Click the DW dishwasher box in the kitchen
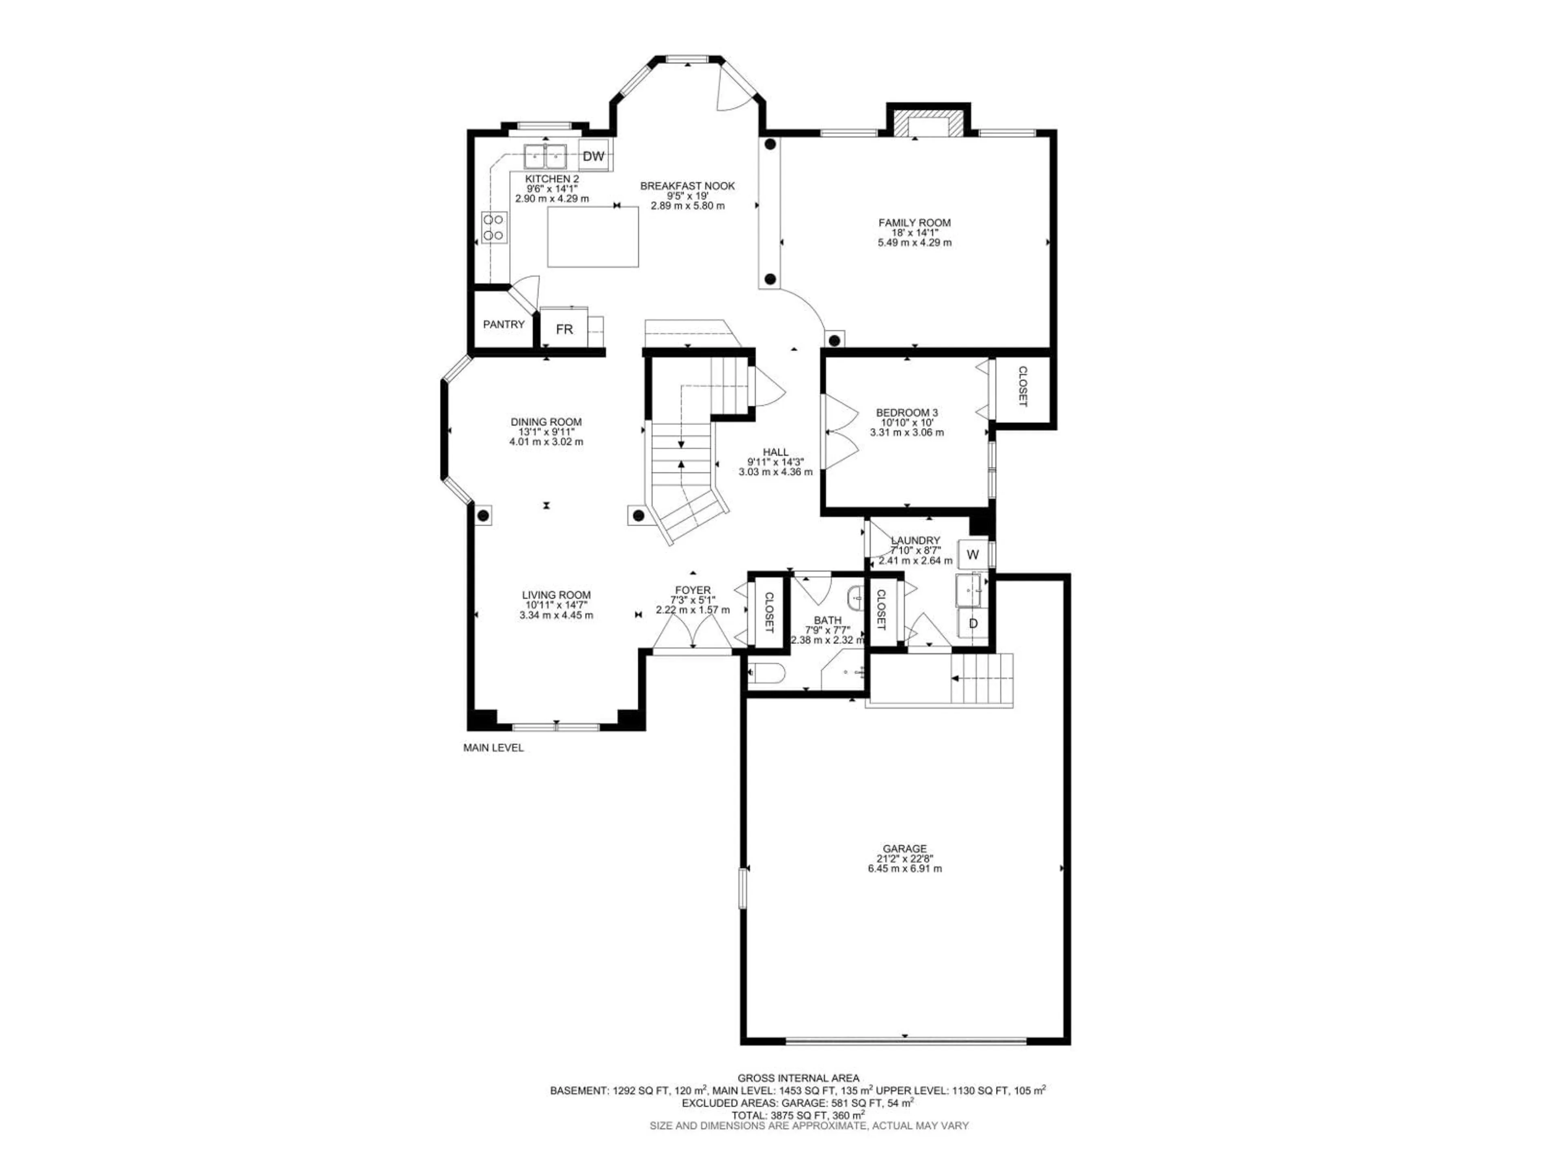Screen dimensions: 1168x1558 coord(594,156)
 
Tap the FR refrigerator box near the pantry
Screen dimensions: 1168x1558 coord(564,329)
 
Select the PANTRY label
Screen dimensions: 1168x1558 coord(504,324)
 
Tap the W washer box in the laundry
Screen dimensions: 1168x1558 coord(973,554)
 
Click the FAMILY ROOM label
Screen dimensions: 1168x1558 coord(914,223)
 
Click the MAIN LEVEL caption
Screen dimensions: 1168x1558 coord(493,748)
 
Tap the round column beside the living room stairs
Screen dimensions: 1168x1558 coord(638,516)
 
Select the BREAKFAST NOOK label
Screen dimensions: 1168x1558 coord(687,186)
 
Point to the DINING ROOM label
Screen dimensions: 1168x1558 coord(546,422)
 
